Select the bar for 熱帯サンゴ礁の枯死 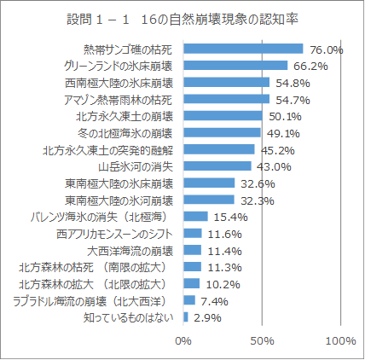pyautogui.click(x=243, y=49)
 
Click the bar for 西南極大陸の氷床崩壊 pyautogui.click(x=226, y=82)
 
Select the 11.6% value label pyautogui.click(x=224, y=234)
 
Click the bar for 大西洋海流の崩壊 pyautogui.click(x=192, y=250)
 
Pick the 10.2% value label pyautogui.click(x=222, y=284)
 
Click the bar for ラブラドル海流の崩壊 pyautogui.click(x=188, y=300)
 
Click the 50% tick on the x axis pyautogui.click(x=262, y=341)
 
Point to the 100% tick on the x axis pyautogui.click(x=339, y=341)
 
